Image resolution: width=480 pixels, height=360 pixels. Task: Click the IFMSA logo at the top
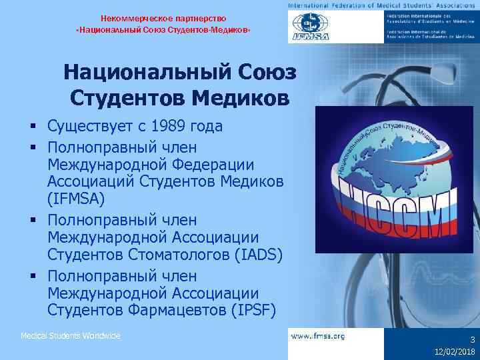coord(309,27)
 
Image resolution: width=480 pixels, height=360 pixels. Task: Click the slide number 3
coord(471,339)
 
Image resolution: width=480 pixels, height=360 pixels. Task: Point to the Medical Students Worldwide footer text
coord(71,336)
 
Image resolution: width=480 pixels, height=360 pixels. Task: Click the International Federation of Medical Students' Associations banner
coord(383,5)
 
